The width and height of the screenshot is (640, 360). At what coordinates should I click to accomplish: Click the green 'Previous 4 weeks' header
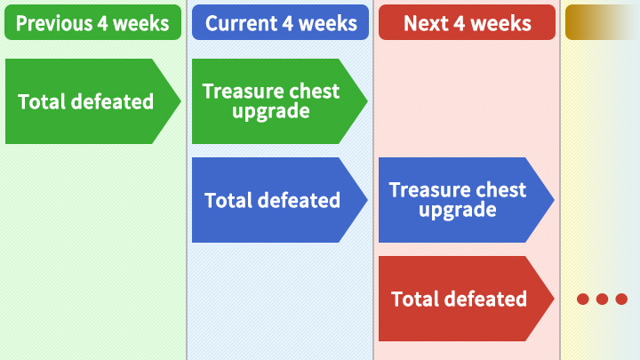coord(92,22)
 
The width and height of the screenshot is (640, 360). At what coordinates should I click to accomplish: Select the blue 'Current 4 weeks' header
coord(280,22)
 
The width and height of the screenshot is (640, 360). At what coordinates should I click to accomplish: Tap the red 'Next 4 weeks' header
coord(467,22)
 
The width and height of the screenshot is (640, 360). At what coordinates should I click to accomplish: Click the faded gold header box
coord(603,22)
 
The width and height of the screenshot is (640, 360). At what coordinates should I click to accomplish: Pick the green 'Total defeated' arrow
coord(93,101)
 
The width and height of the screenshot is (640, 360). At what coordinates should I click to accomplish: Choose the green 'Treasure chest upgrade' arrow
coord(280,101)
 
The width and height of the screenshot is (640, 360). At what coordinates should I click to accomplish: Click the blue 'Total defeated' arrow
coord(280,200)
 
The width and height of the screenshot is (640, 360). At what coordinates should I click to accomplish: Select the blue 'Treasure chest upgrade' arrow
coord(467,200)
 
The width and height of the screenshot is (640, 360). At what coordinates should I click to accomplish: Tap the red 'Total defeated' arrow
coord(467,299)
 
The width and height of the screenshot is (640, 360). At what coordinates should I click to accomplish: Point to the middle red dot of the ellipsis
coord(602,300)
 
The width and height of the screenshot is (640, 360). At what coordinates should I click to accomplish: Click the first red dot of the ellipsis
coord(583,300)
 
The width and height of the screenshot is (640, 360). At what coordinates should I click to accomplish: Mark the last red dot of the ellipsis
coord(621,300)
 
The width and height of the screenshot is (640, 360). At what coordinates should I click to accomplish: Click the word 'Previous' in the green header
coord(54,23)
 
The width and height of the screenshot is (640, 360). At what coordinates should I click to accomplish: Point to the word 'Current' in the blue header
coord(241,23)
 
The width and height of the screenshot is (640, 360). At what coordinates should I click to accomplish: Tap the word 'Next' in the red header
coord(426,23)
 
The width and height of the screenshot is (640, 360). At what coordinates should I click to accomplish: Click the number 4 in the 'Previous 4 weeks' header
coord(102,23)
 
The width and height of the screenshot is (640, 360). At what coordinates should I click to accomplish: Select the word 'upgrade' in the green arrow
coord(271,111)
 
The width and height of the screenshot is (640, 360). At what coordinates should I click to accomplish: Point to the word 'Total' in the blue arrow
coord(228,200)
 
